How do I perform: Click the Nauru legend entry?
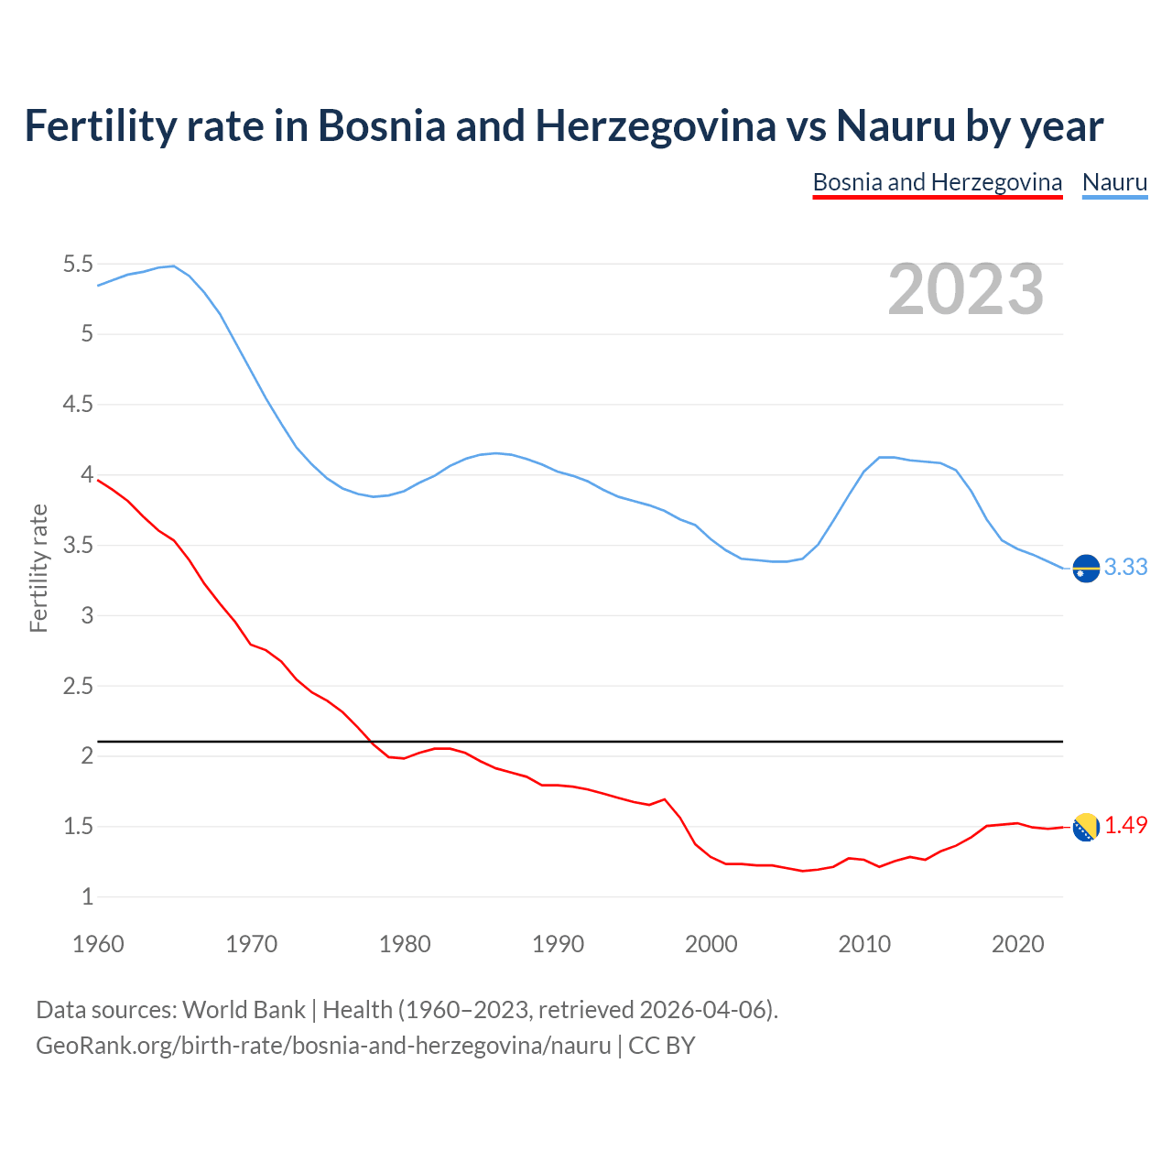tap(1114, 182)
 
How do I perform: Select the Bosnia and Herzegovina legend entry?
tap(937, 182)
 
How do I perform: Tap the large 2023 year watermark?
tap(965, 289)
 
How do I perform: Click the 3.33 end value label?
tap(1125, 568)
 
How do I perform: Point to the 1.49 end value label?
tap(1125, 826)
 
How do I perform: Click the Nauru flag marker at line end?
tap(1086, 569)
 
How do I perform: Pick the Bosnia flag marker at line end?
tap(1086, 827)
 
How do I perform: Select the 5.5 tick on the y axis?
tap(78, 265)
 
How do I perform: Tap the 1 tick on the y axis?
tap(88, 897)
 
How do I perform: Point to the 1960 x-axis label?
tap(98, 944)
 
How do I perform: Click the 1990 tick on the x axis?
tap(558, 944)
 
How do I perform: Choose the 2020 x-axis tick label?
tap(1017, 944)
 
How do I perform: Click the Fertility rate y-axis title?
tap(38, 568)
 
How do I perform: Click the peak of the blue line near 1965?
tap(173, 266)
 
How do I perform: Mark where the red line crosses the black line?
tap(369, 741)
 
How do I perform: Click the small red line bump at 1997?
tap(665, 799)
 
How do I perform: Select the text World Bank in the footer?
tap(244, 1010)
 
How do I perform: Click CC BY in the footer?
tap(661, 1046)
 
